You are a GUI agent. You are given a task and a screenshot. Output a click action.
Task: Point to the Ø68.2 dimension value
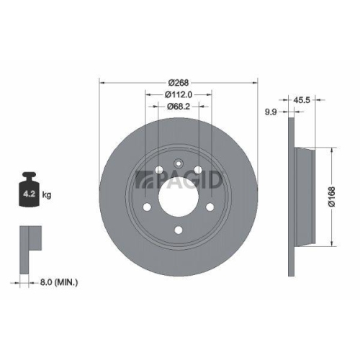click(x=178, y=106)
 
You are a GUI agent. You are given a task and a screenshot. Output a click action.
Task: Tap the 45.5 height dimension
click(x=302, y=101)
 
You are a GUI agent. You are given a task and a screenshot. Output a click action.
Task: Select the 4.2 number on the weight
click(x=29, y=194)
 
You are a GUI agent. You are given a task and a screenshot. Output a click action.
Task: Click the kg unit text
click(x=47, y=195)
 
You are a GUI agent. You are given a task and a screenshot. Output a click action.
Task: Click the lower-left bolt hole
click(x=148, y=209)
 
